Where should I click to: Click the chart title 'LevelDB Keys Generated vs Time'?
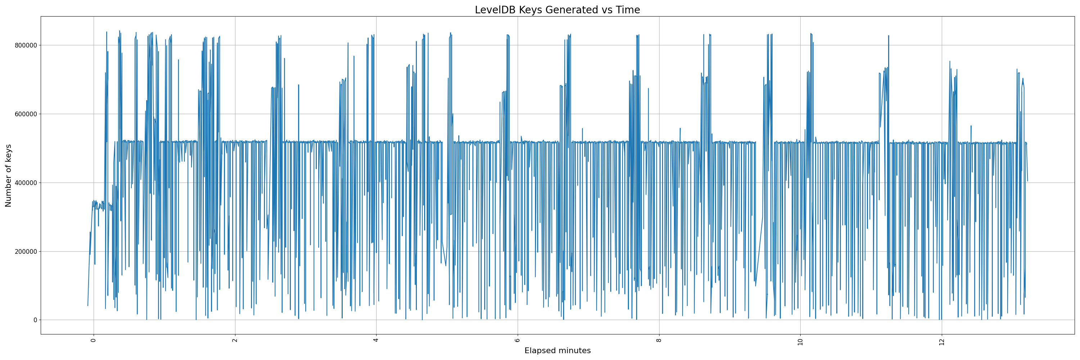pyautogui.click(x=557, y=10)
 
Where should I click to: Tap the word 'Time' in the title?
pyautogui.click(x=627, y=10)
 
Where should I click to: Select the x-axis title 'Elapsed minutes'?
pyautogui.click(x=557, y=351)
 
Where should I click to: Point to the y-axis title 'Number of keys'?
pyautogui.click(x=8, y=176)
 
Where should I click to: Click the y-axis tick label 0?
pyautogui.click(x=35, y=320)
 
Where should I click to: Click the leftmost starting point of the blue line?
pyautogui.click(x=87, y=306)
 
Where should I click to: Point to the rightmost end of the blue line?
pyautogui.click(x=1027, y=181)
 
